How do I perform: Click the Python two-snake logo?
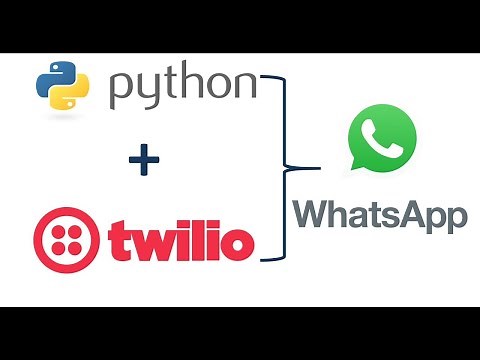61,89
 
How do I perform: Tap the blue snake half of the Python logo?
52,78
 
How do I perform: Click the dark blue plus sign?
143,161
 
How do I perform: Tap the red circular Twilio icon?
66,237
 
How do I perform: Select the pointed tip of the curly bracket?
286,166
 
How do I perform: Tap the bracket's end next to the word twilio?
262,259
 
